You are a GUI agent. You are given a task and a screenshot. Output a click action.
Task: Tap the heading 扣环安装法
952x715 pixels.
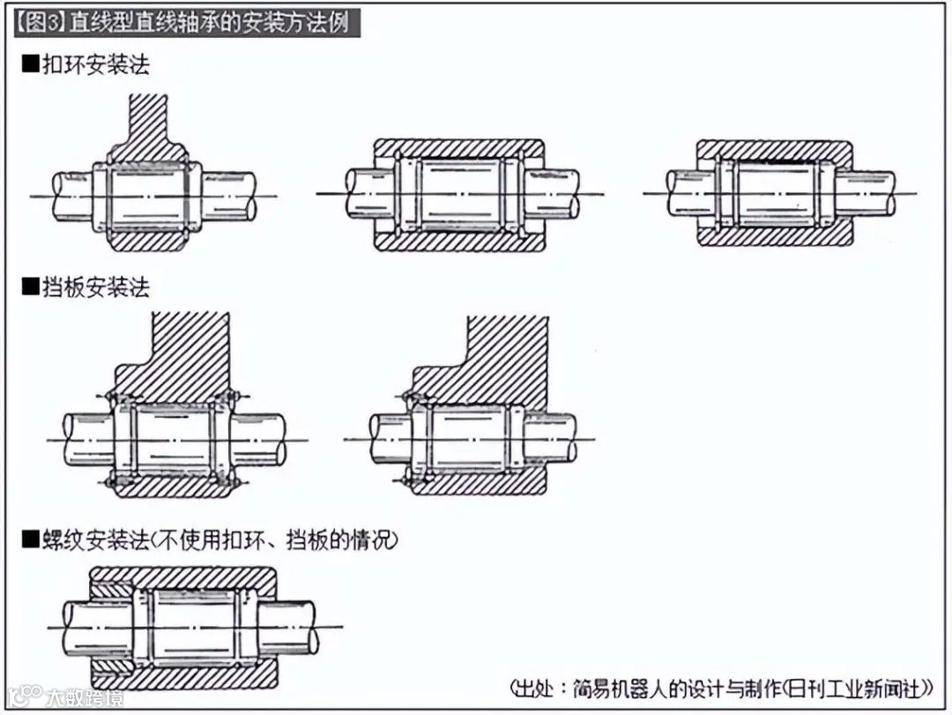click(97, 65)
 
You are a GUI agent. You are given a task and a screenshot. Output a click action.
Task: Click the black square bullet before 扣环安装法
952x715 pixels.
click(30, 65)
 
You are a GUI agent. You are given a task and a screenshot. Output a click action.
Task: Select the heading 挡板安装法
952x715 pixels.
click(97, 287)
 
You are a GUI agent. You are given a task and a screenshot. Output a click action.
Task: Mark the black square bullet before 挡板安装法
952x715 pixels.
click(30, 287)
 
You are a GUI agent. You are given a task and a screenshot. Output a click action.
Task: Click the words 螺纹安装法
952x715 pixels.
click(97, 540)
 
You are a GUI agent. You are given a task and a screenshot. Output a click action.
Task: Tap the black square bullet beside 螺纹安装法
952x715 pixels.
click(30, 540)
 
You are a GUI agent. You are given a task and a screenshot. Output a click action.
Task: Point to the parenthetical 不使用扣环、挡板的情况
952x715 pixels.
click(281, 540)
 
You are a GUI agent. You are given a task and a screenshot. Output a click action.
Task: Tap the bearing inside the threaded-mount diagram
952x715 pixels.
click(195, 626)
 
